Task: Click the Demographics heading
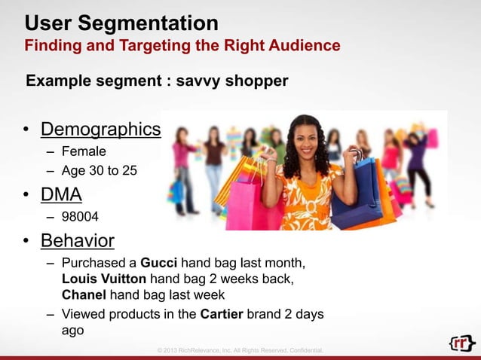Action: coord(100,130)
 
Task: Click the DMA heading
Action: coord(61,195)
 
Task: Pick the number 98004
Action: coord(80,218)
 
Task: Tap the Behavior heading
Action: coord(77,241)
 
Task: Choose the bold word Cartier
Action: coord(221,314)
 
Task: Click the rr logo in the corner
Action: coord(461,343)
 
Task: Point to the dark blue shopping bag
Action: coord(355,197)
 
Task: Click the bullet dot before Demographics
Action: coord(26,130)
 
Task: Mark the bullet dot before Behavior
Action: coord(26,242)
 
